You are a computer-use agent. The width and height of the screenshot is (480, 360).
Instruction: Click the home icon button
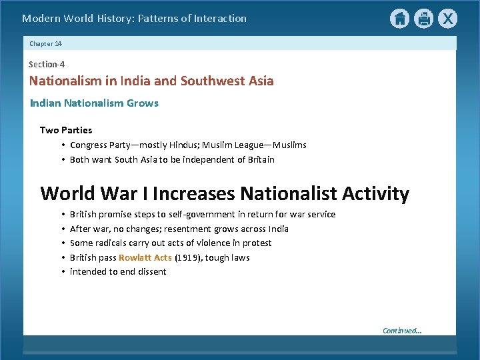pyautogui.click(x=399, y=19)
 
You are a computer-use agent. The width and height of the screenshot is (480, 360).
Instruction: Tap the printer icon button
pyautogui.click(x=423, y=19)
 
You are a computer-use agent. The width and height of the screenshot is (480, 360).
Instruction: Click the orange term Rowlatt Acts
pyautogui.click(x=145, y=257)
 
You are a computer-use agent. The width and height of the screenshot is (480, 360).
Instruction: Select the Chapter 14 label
pyautogui.click(x=45, y=43)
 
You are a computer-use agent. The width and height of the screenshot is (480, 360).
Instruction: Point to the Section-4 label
pyautogui.click(x=47, y=65)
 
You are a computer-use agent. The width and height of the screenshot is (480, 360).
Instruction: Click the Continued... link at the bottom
pyautogui.click(x=402, y=331)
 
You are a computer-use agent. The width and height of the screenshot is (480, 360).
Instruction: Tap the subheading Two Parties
pyautogui.click(x=66, y=130)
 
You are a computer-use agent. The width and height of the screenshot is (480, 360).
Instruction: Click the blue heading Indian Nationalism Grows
pyautogui.click(x=94, y=103)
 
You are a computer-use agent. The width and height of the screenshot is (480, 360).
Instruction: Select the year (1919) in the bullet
pyautogui.click(x=188, y=257)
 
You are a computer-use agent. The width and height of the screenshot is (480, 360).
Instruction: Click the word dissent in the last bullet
pyautogui.click(x=151, y=271)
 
